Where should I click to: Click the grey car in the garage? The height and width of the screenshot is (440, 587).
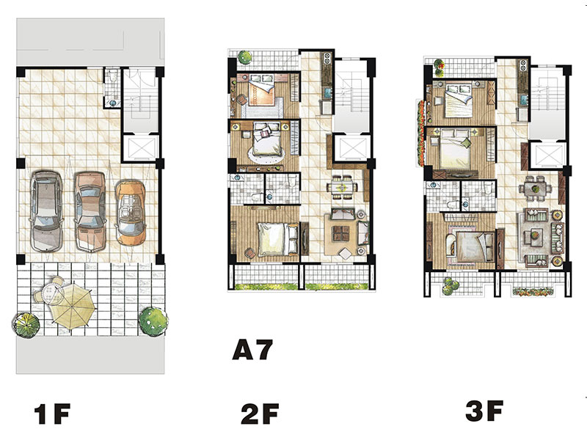point(46,211)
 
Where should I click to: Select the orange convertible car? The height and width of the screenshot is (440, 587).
point(131,213)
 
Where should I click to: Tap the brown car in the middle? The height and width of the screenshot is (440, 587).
point(90,211)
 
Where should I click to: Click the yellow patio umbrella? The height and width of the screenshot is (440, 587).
point(73,306)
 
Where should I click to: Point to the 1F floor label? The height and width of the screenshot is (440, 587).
point(52,414)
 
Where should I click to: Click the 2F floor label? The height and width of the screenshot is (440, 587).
point(260,414)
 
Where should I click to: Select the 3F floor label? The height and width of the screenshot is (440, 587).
point(484,411)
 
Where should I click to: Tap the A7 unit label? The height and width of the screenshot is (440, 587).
point(252,350)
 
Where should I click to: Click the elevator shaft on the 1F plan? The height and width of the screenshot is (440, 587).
point(141,148)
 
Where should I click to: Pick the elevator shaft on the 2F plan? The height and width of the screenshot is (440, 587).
point(352,148)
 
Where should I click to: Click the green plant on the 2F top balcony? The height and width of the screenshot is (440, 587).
point(245,58)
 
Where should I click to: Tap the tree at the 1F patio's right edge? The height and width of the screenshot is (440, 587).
point(153,321)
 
